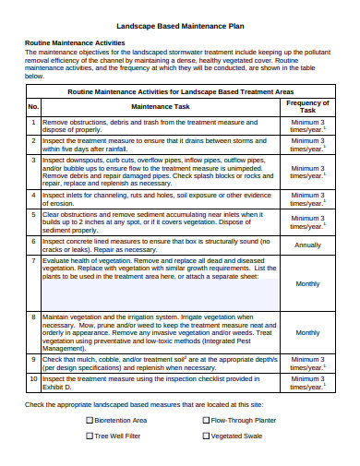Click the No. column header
[32, 108]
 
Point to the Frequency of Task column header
[307, 108]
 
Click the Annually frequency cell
[307, 245]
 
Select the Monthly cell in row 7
[307, 284]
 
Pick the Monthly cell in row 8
[307, 332]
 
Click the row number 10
[32, 378]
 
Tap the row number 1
[32, 122]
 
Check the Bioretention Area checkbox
[90, 420]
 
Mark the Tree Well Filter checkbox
[90, 436]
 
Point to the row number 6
[32, 241]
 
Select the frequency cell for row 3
[307, 172]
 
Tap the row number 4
[32, 195]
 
